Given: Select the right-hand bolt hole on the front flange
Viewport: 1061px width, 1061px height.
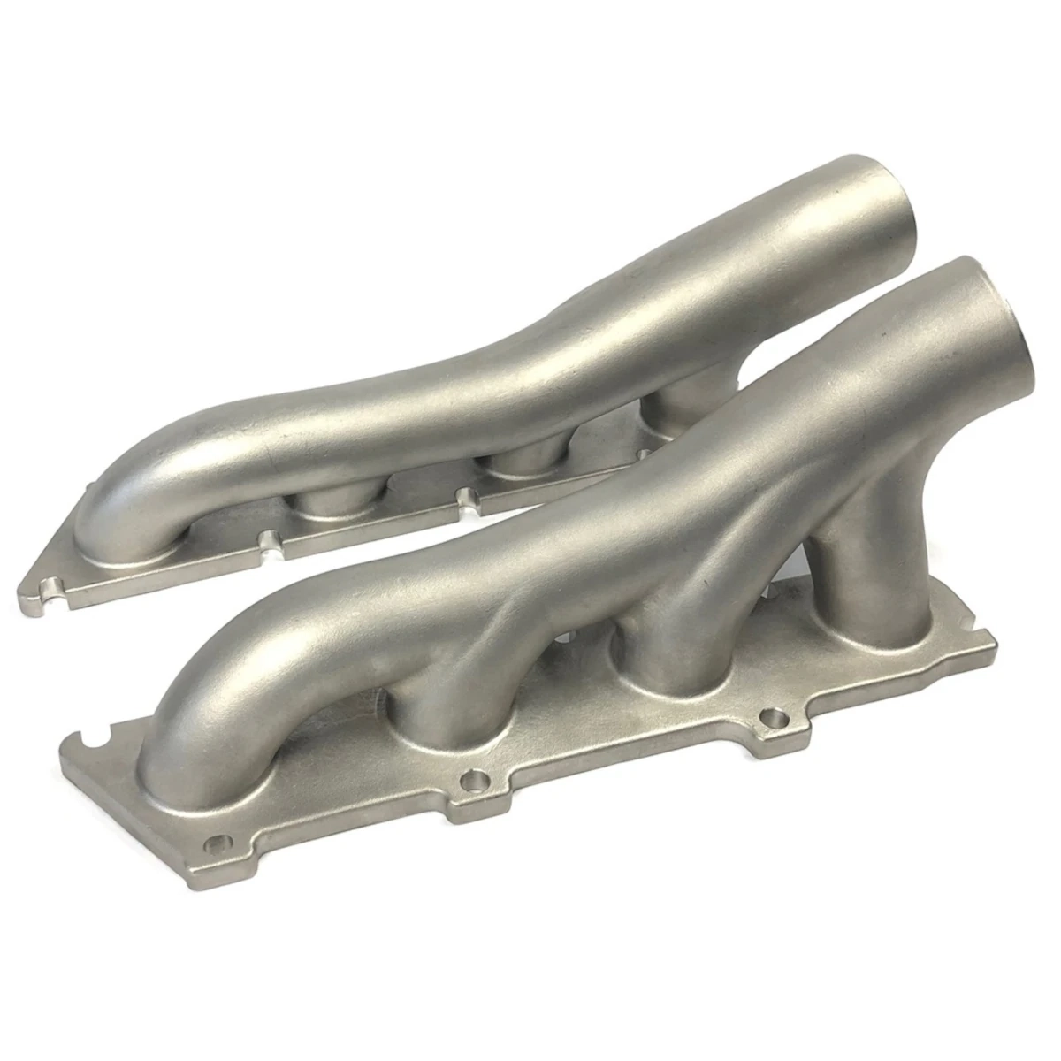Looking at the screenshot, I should click(x=775, y=714).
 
